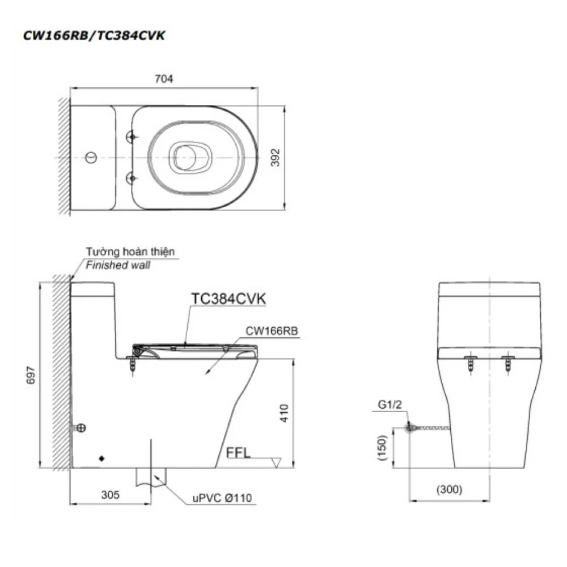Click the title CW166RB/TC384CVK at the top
(x=94, y=36)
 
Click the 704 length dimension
(x=164, y=79)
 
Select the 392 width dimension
(x=275, y=158)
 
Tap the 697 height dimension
(x=31, y=375)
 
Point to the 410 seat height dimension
(x=284, y=413)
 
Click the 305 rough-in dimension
(x=110, y=495)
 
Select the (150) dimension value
(x=382, y=448)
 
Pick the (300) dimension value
(x=449, y=489)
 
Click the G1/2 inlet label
(x=390, y=405)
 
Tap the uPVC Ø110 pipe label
(x=222, y=498)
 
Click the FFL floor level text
(x=238, y=452)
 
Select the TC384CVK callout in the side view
(x=228, y=299)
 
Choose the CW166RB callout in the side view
(x=271, y=331)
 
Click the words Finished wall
(x=118, y=265)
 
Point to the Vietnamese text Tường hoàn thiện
(x=130, y=252)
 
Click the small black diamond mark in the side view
(x=102, y=458)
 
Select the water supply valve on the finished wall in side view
(x=80, y=428)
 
